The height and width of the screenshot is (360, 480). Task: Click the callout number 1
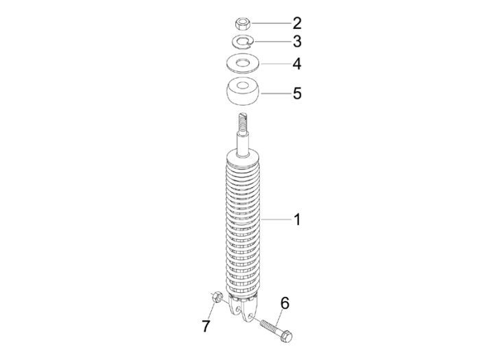[297, 220]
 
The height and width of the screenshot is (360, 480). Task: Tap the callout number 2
[296, 23]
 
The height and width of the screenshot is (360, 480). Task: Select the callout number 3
[296, 41]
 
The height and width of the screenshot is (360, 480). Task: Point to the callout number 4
[297, 64]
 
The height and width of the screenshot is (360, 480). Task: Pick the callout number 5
[297, 93]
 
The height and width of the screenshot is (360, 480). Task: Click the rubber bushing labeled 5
[242, 93]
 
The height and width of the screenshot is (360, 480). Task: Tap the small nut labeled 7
[215, 298]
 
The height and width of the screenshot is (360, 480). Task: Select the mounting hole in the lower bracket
[241, 315]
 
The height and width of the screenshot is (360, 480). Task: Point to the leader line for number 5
[274, 93]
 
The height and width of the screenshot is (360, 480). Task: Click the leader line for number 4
[274, 64]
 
